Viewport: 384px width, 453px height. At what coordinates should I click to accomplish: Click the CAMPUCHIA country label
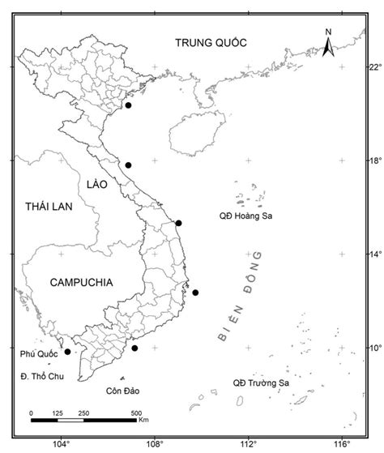(x=81, y=282)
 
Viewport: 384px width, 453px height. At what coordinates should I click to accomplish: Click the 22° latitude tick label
(x=372, y=66)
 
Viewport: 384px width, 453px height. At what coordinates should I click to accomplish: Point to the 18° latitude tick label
(x=372, y=160)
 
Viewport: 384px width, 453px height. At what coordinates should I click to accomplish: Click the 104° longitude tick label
(x=61, y=443)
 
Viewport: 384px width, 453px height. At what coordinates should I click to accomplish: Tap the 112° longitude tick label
(x=249, y=443)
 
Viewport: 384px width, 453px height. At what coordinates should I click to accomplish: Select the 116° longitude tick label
(x=343, y=443)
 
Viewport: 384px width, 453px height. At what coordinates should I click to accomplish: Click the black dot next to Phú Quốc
(x=67, y=352)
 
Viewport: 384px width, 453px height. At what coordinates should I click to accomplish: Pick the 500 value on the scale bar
(x=136, y=413)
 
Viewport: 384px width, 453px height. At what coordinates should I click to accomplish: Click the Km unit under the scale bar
(x=143, y=421)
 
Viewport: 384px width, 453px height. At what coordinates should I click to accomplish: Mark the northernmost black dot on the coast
(x=128, y=105)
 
